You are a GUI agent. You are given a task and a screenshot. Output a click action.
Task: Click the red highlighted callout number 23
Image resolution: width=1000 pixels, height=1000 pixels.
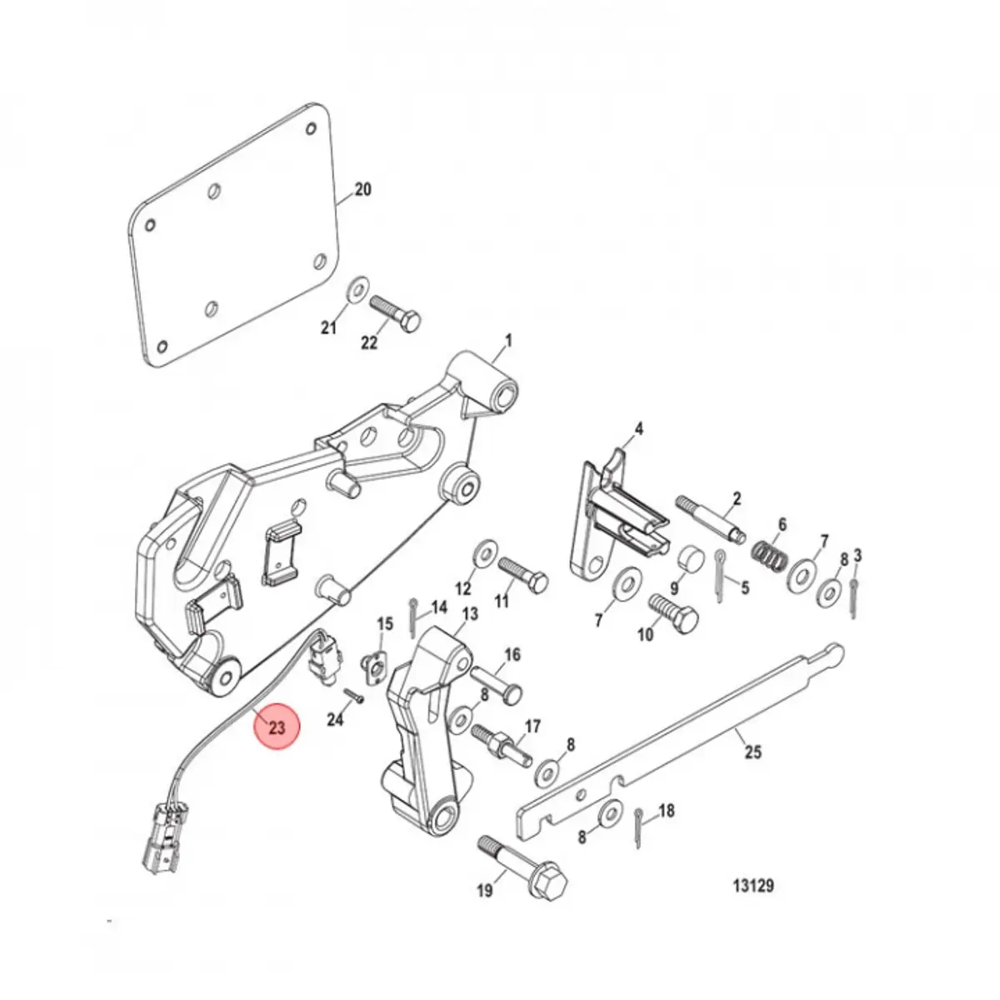click(277, 727)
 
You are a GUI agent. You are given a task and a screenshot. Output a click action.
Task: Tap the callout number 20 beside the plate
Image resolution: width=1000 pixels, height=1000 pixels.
click(362, 190)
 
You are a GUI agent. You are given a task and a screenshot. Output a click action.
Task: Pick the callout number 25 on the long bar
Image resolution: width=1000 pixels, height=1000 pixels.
click(752, 752)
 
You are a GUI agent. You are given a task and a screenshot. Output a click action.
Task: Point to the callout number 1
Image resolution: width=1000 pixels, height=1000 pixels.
click(507, 341)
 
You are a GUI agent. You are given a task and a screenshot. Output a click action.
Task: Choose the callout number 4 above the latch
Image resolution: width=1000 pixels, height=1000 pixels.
click(639, 430)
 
